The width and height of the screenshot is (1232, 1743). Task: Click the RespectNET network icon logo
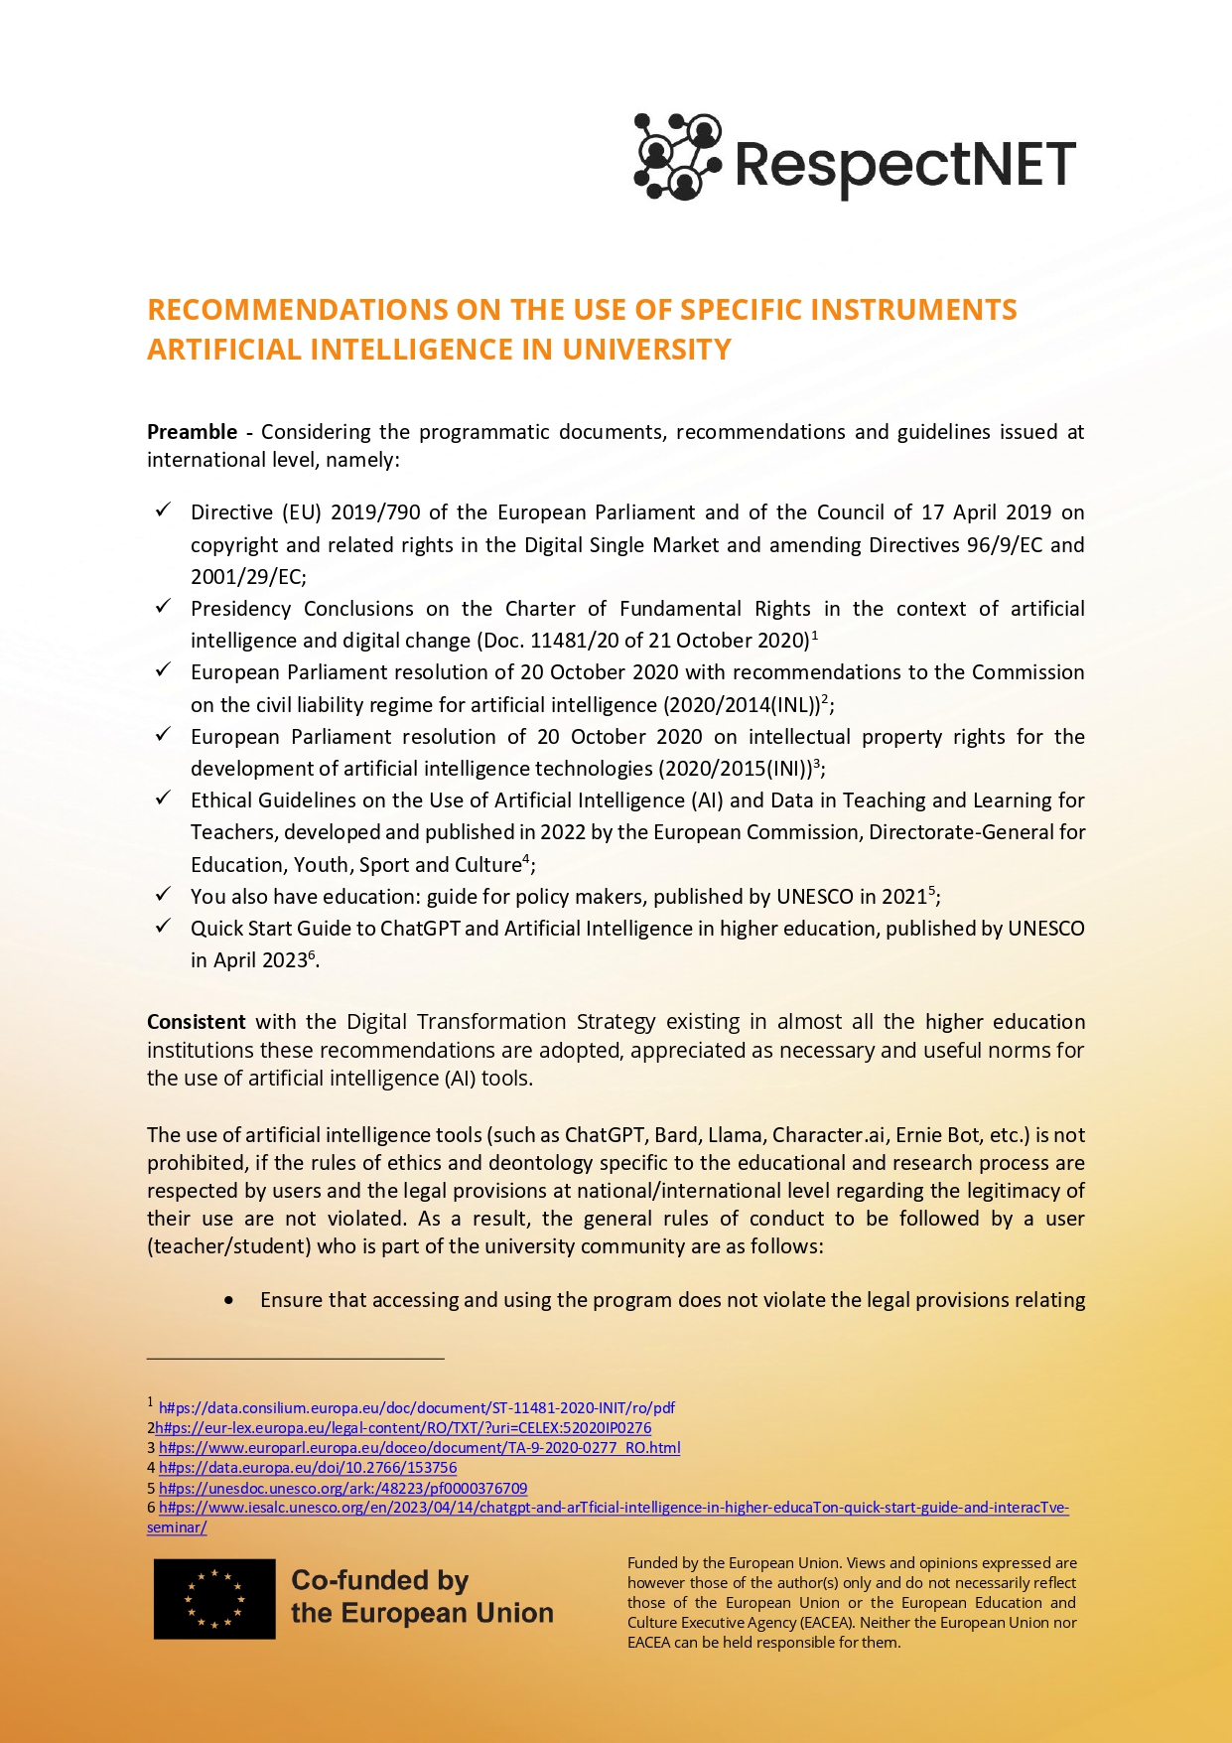677,157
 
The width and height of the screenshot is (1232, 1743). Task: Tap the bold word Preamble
192,432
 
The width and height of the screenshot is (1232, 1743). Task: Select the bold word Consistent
197,1022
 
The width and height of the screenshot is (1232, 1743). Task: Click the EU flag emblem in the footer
214,1599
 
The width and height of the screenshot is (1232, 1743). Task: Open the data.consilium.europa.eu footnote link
417,1408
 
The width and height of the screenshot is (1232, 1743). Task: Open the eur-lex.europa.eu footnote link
402,1428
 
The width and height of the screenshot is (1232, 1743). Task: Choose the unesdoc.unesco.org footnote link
342,1489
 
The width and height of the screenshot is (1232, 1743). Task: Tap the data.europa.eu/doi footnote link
308,1468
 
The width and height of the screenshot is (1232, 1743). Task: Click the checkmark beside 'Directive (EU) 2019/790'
164,510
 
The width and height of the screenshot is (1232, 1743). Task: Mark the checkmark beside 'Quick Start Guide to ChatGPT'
164,927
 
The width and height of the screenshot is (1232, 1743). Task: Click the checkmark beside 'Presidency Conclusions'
164,607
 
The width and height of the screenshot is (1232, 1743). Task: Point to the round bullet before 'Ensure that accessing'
230,1300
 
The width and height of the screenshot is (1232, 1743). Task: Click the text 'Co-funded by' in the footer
379,1581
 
